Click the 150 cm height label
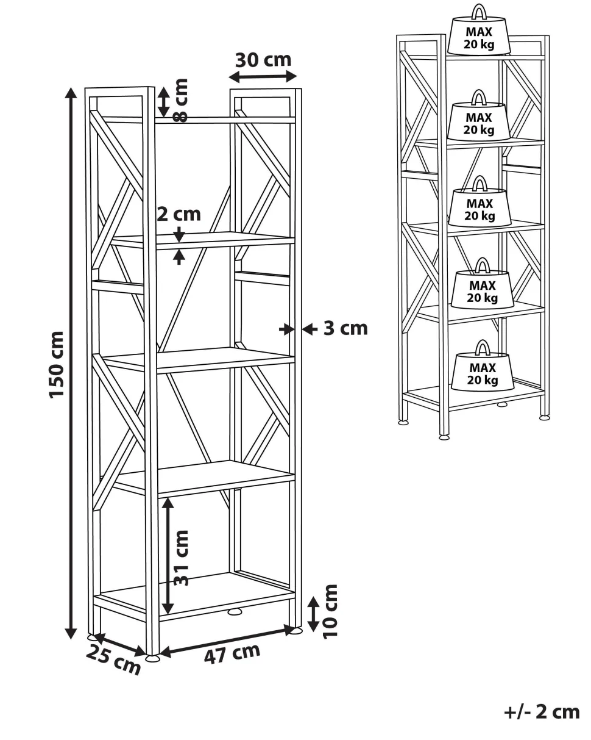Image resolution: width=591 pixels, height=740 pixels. click(57, 364)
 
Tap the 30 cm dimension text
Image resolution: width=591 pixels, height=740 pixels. click(263, 60)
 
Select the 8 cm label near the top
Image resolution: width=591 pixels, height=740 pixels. click(180, 101)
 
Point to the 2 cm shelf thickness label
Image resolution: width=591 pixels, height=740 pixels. click(179, 214)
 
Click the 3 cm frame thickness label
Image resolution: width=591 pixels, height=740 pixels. click(345, 328)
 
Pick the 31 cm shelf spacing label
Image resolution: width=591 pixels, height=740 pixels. click(182, 558)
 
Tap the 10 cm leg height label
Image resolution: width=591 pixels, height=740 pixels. click(330, 611)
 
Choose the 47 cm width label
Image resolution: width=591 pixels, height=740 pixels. click(232, 653)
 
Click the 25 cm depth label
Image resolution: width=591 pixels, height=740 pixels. click(113, 659)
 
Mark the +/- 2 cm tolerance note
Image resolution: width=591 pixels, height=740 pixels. click(542, 712)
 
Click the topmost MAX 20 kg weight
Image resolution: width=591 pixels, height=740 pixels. click(479, 34)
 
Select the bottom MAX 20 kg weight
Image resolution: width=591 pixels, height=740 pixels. click(483, 368)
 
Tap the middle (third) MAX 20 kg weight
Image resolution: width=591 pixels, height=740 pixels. click(480, 205)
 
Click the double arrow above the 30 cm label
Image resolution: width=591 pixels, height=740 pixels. click(263, 77)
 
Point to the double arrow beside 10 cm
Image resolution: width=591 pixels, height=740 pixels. click(313, 614)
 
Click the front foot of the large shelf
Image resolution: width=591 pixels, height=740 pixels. click(152, 658)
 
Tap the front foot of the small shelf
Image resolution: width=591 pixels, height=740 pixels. click(444, 437)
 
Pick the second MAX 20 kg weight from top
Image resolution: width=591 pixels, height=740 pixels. click(479, 118)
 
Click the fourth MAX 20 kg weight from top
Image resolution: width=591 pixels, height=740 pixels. click(483, 286)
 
